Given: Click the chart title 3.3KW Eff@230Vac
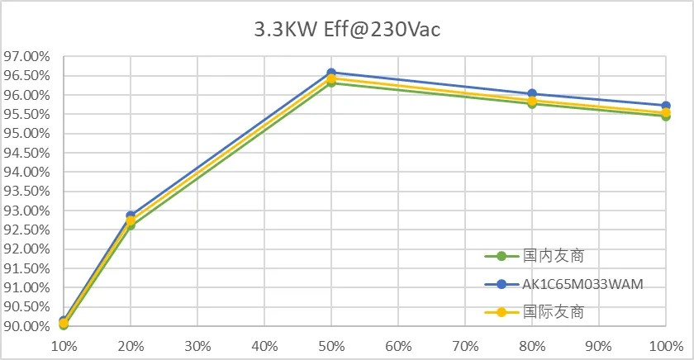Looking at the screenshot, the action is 347,30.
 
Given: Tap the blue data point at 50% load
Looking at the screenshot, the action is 331,73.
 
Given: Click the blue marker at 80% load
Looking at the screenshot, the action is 532,93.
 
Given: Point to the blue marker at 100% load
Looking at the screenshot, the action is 666,106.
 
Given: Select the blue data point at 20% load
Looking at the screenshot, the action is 131,216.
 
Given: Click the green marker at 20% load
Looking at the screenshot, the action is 131,225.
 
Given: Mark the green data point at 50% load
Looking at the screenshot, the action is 331,83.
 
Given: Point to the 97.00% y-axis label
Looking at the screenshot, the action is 27,57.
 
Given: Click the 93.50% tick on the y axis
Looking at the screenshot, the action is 27,191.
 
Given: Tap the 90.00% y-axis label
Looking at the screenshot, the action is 27,326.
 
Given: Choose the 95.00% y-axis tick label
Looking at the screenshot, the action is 27,134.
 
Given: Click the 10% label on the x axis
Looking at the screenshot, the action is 64,346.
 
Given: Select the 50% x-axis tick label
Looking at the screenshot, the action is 331,346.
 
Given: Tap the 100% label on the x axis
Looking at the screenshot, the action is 666,346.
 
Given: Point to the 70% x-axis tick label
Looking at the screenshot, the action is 465,346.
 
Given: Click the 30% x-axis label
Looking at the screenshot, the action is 197,346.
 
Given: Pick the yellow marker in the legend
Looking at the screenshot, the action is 501,312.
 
